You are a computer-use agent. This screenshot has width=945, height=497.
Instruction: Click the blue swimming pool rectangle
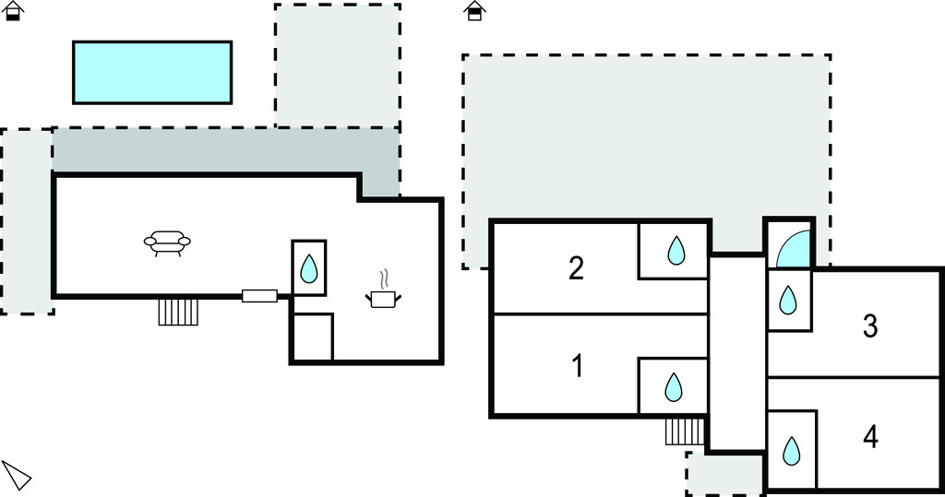pos(152,72)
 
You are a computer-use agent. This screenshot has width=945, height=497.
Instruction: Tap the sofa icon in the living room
pos(167,243)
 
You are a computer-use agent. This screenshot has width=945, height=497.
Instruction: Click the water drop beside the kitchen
pos(309,268)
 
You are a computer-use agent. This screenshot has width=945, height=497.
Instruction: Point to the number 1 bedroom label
pos(577,367)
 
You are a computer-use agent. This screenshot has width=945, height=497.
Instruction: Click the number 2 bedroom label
pos(576,268)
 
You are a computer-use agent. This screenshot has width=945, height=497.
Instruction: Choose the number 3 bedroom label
pos(869,325)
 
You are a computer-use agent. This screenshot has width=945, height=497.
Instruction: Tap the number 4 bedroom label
pos(870,437)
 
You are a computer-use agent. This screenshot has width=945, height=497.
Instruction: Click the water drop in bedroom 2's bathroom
pos(676,250)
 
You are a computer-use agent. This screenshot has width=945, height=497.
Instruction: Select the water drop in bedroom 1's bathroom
pos(674,387)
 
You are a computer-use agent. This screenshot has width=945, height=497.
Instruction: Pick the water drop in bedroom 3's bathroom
pos(788,300)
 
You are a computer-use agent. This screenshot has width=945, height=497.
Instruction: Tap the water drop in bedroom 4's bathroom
pos(791,451)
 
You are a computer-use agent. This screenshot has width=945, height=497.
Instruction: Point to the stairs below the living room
pos(178,312)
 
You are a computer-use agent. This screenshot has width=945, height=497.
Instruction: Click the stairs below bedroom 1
pos(685,431)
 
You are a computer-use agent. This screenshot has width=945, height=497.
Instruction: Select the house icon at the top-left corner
pos(14,11)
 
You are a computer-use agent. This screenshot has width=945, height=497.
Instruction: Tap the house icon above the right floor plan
pos(475,11)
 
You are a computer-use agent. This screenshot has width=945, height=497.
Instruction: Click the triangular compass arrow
pos(16,475)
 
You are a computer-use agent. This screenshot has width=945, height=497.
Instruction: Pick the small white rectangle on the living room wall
pos(259,296)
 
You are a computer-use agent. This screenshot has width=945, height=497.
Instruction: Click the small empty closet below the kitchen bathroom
pos(313,337)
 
